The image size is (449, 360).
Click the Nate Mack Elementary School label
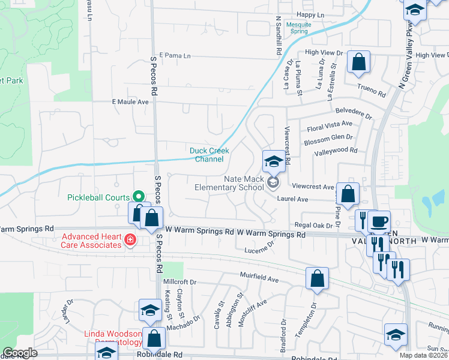[x=229, y=183]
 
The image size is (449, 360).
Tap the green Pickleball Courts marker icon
[x=137, y=197]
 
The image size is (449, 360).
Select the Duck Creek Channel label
[x=206, y=155]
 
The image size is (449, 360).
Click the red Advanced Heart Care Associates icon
[x=129, y=241]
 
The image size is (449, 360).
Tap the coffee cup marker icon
[x=379, y=220]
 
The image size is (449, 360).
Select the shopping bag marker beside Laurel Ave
[x=348, y=193]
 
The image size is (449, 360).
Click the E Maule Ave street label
[x=130, y=102]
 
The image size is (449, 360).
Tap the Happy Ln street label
[x=310, y=14]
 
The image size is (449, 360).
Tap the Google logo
[x=20, y=353]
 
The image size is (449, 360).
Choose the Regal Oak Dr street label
[x=309, y=224]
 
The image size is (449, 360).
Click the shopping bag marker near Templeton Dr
[x=317, y=278]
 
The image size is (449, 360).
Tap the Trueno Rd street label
[x=371, y=90]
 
